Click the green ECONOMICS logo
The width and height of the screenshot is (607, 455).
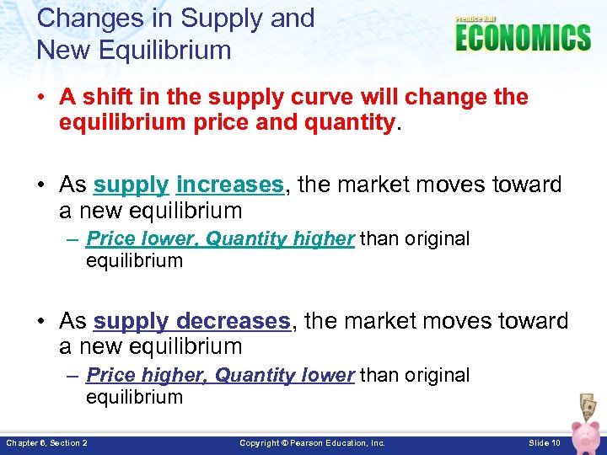click(523, 38)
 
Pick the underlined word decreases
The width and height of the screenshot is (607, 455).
click(234, 321)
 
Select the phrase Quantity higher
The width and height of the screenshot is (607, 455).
click(280, 239)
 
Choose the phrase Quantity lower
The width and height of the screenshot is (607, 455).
click(284, 375)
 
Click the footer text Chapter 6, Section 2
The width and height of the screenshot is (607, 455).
click(46, 442)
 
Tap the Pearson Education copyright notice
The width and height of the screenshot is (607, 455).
click(312, 442)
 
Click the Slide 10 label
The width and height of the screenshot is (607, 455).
click(545, 442)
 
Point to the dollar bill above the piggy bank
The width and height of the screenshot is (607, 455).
click(588, 404)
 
